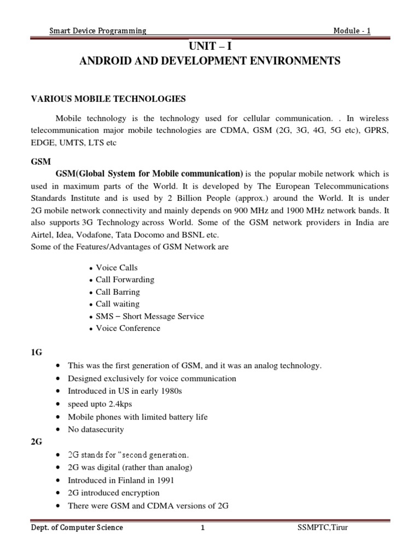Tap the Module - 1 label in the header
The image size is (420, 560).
[x=352, y=31]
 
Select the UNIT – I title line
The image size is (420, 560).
[x=210, y=46]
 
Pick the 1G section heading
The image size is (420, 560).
[x=36, y=353]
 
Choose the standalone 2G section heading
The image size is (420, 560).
[x=36, y=442]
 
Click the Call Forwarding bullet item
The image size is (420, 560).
[x=125, y=279]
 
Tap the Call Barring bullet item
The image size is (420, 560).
[x=118, y=292]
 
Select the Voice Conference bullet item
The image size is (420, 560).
[x=128, y=328]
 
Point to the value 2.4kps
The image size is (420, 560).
[x=116, y=404]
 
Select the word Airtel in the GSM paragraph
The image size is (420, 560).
[x=41, y=235]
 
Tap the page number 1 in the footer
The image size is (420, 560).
[x=202, y=528]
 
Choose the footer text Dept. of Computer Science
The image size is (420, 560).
[x=77, y=528]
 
